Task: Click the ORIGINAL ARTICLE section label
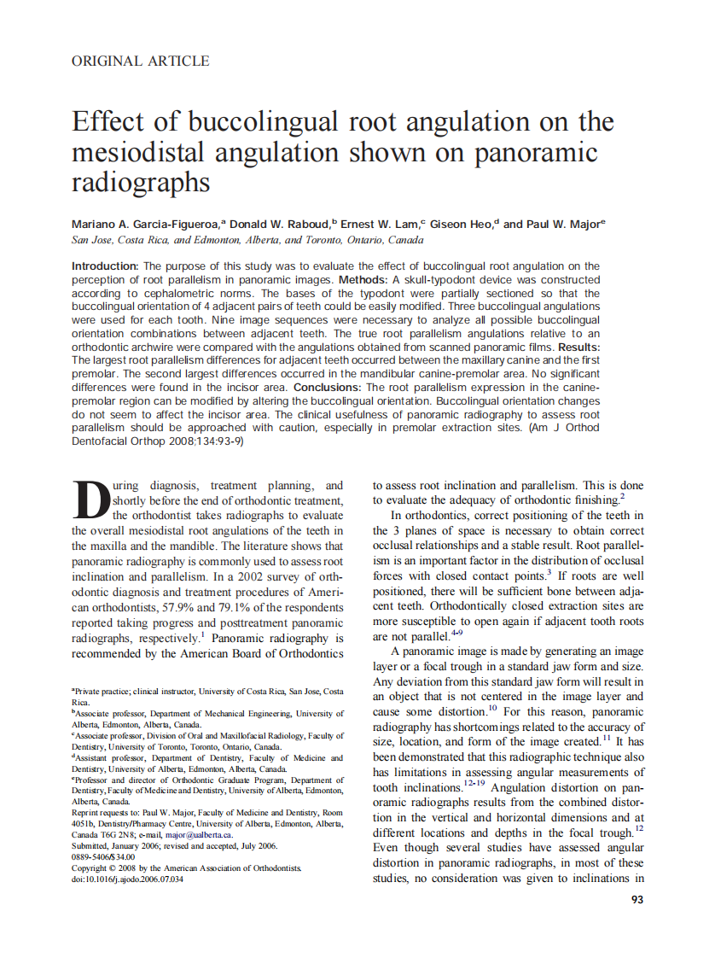click(140, 61)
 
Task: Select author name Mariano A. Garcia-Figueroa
click(145, 225)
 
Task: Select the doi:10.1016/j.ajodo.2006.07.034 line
click(128, 879)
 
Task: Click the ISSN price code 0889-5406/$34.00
click(103, 856)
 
